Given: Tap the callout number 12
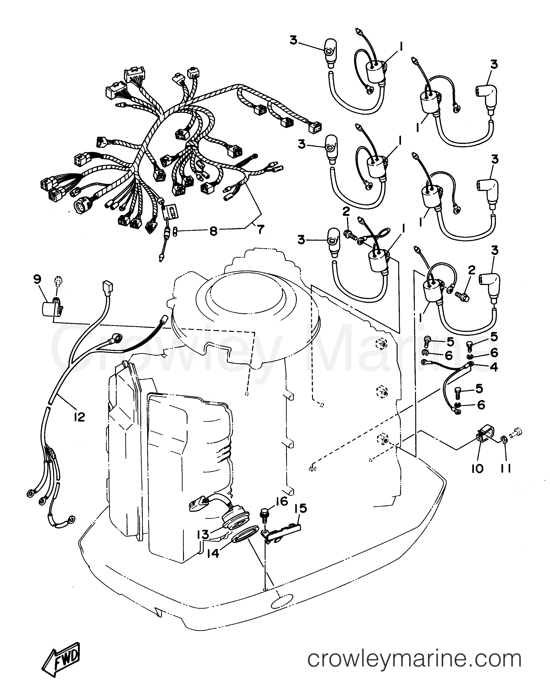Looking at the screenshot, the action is point(79,417).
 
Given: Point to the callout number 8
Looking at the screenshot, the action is point(214,231).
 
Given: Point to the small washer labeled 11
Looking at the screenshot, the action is point(504,438).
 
